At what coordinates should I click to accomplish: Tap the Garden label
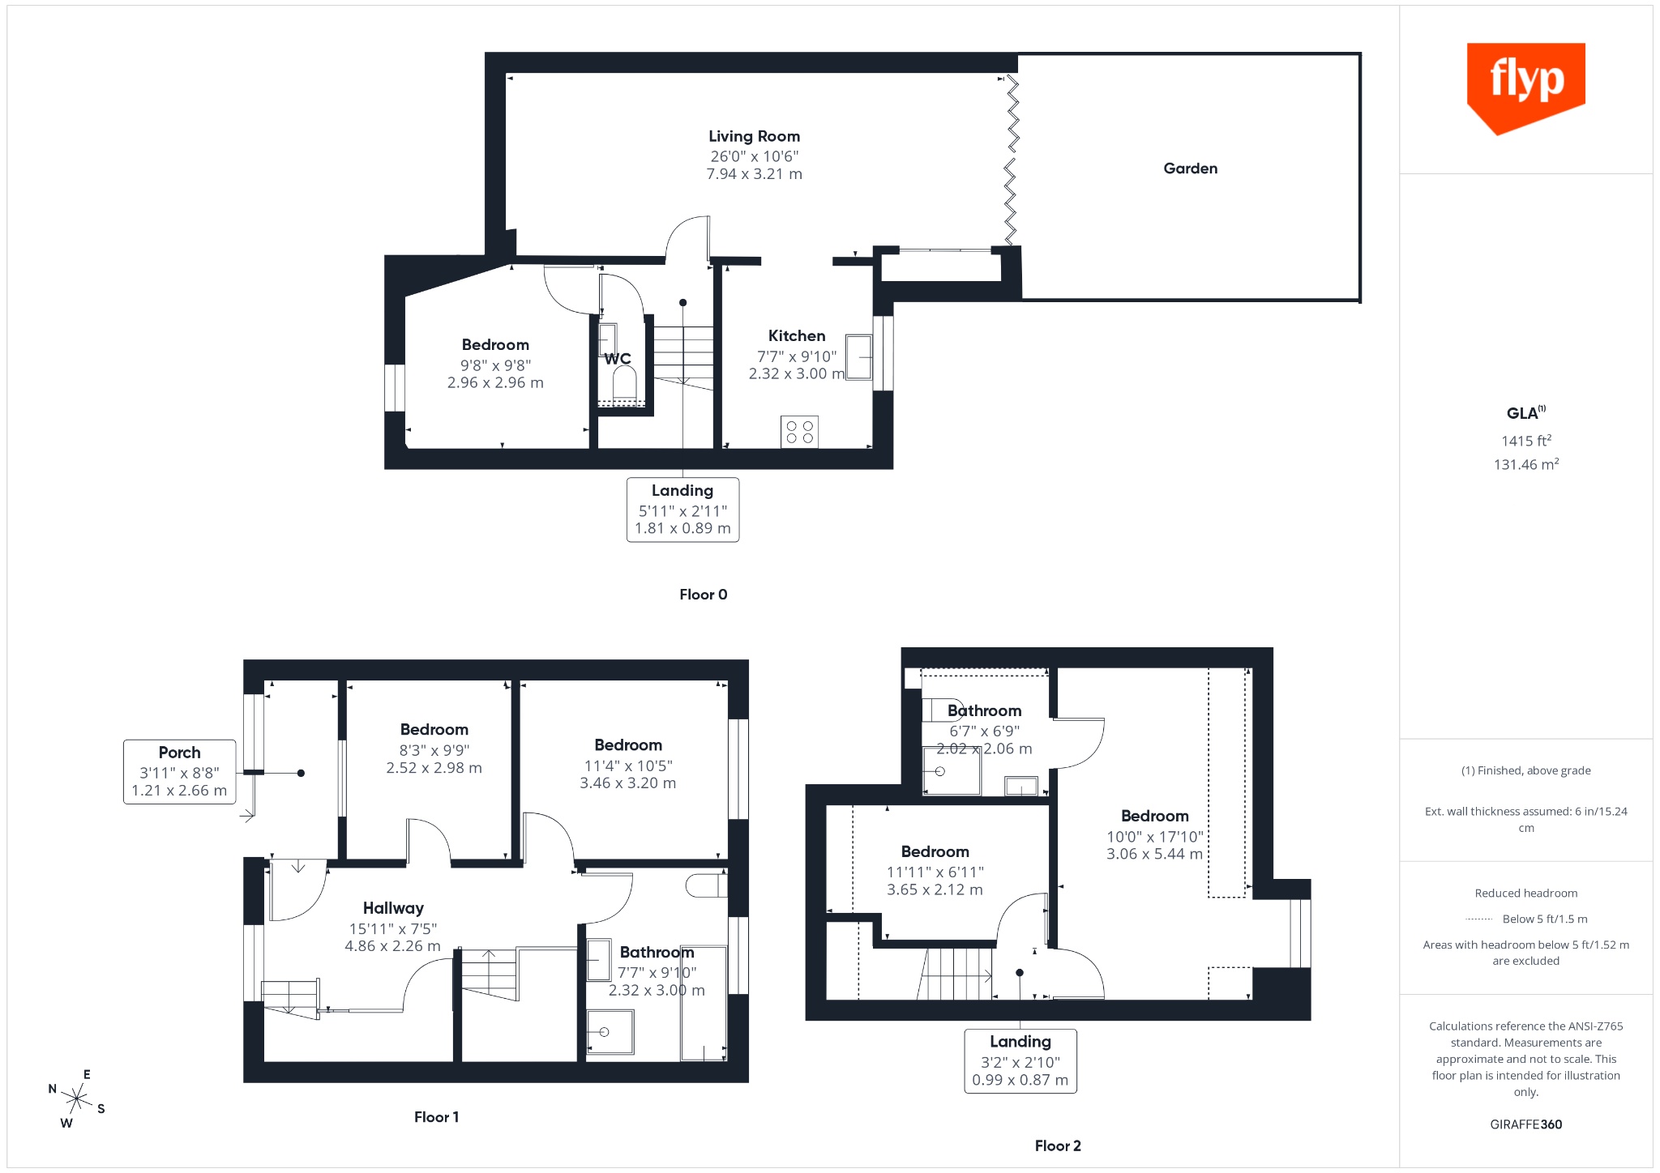pos(1190,168)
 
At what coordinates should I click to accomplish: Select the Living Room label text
pos(754,136)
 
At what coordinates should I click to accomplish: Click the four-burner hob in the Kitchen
pos(799,432)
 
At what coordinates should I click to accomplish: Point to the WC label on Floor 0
pos(618,359)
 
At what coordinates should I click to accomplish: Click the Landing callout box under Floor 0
pos(682,510)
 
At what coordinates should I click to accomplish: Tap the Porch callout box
pos(179,771)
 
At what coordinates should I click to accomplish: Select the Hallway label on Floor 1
pos(393,908)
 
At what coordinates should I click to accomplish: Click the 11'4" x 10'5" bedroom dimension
pos(628,766)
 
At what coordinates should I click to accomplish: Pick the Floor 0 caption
pos(704,595)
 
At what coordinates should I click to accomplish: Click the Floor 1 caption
pos(436,1117)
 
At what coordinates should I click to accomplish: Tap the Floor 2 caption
pos(1058,1145)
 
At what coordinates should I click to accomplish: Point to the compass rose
pos(77,1099)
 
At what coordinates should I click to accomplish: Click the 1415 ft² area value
pos(1526,441)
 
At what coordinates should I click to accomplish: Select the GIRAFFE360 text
pos(1525,1124)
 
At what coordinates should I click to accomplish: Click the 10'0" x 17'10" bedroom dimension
pos(1154,837)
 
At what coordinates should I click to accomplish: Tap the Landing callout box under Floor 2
pos(1020,1061)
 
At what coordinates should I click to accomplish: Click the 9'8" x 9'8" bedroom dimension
pos(495,365)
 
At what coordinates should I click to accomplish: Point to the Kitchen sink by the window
pos(858,356)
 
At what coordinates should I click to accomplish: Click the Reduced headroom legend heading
pos(1525,894)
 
